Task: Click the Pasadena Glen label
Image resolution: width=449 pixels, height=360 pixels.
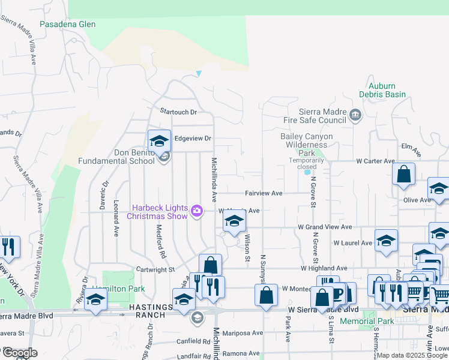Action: (67, 25)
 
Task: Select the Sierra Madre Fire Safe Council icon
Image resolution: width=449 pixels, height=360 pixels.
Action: (355, 115)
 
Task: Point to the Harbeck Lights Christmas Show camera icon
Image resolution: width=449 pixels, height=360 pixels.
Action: (197, 211)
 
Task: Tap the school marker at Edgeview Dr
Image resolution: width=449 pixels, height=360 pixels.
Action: (160, 142)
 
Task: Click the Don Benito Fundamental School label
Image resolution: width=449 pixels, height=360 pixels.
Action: (116, 157)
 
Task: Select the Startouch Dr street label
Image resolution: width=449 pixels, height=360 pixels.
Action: (178, 112)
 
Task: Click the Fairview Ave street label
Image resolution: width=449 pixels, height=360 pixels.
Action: (263, 193)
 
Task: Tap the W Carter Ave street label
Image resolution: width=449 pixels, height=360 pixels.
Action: (375, 161)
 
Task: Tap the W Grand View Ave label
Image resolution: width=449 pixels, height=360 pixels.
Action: (325, 227)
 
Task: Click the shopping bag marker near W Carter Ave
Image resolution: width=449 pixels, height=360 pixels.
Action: (404, 175)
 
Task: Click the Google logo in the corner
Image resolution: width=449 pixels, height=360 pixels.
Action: (19, 353)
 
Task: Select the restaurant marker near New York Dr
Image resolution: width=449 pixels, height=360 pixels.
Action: (8, 247)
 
